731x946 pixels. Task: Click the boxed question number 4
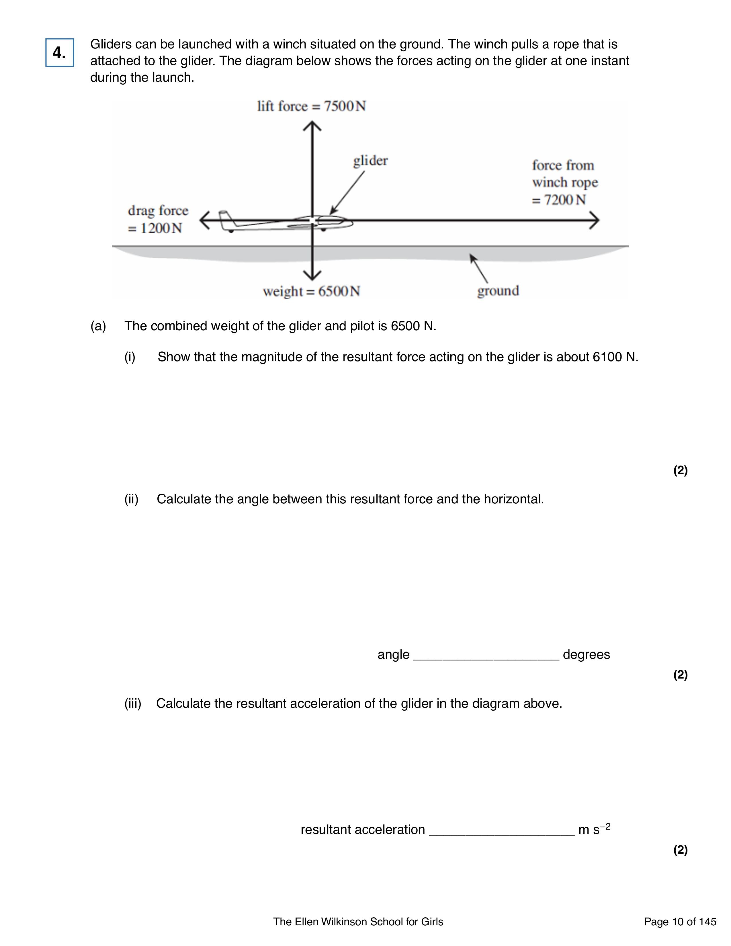(x=59, y=52)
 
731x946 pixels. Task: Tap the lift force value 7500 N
(x=345, y=106)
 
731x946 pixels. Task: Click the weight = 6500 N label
(x=311, y=291)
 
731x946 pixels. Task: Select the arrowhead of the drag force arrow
(x=204, y=220)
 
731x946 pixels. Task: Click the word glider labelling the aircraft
(x=370, y=161)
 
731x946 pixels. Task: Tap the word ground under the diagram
(x=498, y=291)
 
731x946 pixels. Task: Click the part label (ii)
(x=131, y=499)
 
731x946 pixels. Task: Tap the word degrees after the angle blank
(x=586, y=654)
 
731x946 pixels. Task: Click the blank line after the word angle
(x=486, y=656)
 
